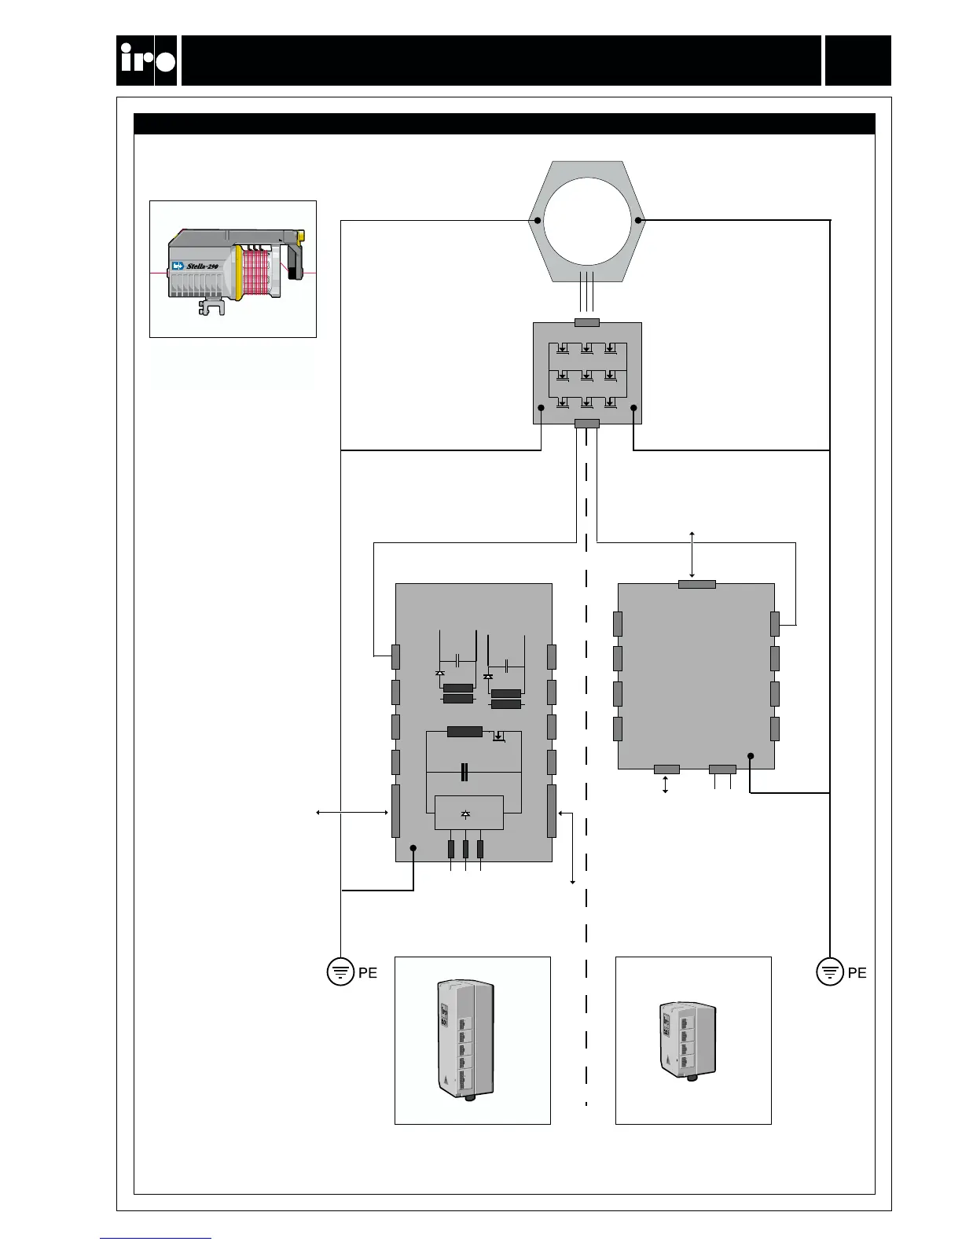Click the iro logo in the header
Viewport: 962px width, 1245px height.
coord(147,61)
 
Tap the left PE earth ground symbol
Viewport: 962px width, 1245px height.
coord(340,972)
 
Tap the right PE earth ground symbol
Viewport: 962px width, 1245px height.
coord(830,972)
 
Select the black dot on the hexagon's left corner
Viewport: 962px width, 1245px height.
coord(534,220)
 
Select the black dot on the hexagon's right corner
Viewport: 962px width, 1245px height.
coord(639,220)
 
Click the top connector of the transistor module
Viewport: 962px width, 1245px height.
coord(587,322)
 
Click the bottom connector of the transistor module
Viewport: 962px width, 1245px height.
coord(587,424)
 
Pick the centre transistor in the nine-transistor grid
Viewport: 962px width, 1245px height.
coord(587,376)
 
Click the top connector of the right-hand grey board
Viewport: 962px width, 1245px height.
coord(696,584)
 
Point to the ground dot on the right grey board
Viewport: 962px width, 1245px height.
coord(751,756)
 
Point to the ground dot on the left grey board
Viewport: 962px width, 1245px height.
coord(413,849)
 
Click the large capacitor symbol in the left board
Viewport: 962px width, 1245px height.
coord(466,772)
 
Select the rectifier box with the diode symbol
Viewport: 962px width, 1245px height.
coord(469,813)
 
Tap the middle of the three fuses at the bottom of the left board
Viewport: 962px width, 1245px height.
coord(466,849)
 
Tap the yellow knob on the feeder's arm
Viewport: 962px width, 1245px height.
coord(300,237)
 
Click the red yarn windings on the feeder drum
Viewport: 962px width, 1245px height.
coord(263,275)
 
